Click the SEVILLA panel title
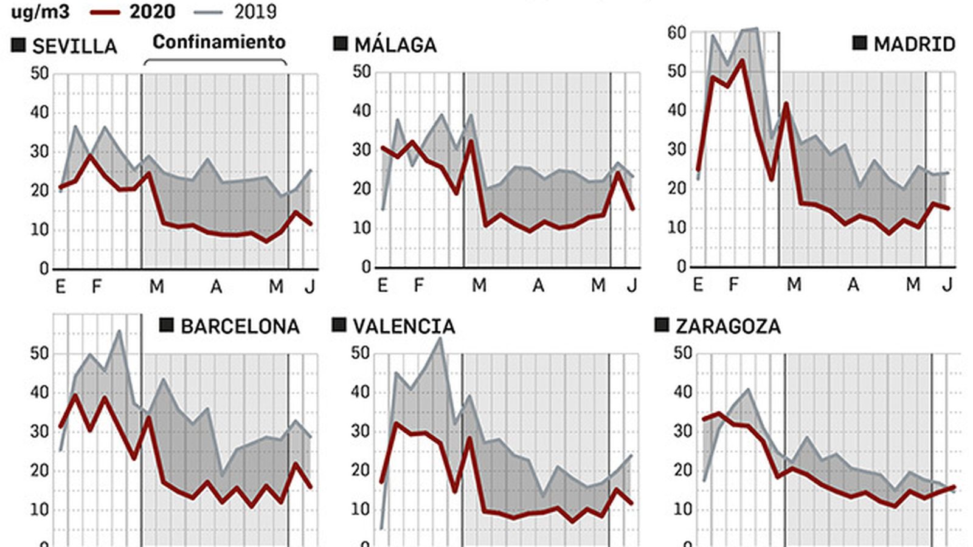click(x=74, y=47)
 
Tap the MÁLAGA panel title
click(x=395, y=45)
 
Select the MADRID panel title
click(x=914, y=44)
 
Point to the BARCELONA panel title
click(x=240, y=326)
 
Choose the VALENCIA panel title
click(x=404, y=326)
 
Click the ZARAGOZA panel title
click(x=728, y=326)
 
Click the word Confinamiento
click(x=219, y=42)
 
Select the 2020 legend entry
click(x=152, y=12)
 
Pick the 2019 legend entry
click(x=255, y=12)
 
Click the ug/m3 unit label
click(x=40, y=12)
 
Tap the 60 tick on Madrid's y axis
click(x=676, y=33)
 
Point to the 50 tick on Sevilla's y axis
click(x=40, y=74)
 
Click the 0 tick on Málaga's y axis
click(x=366, y=267)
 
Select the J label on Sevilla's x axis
click(x=310, y=286)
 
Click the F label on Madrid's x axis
click(x=733, y=284)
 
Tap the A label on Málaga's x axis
click(x=538, y=285)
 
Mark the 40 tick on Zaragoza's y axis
click(x=683, y=392)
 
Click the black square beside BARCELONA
click(x=166, y=325)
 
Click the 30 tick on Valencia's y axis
click(x=361, y=432)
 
